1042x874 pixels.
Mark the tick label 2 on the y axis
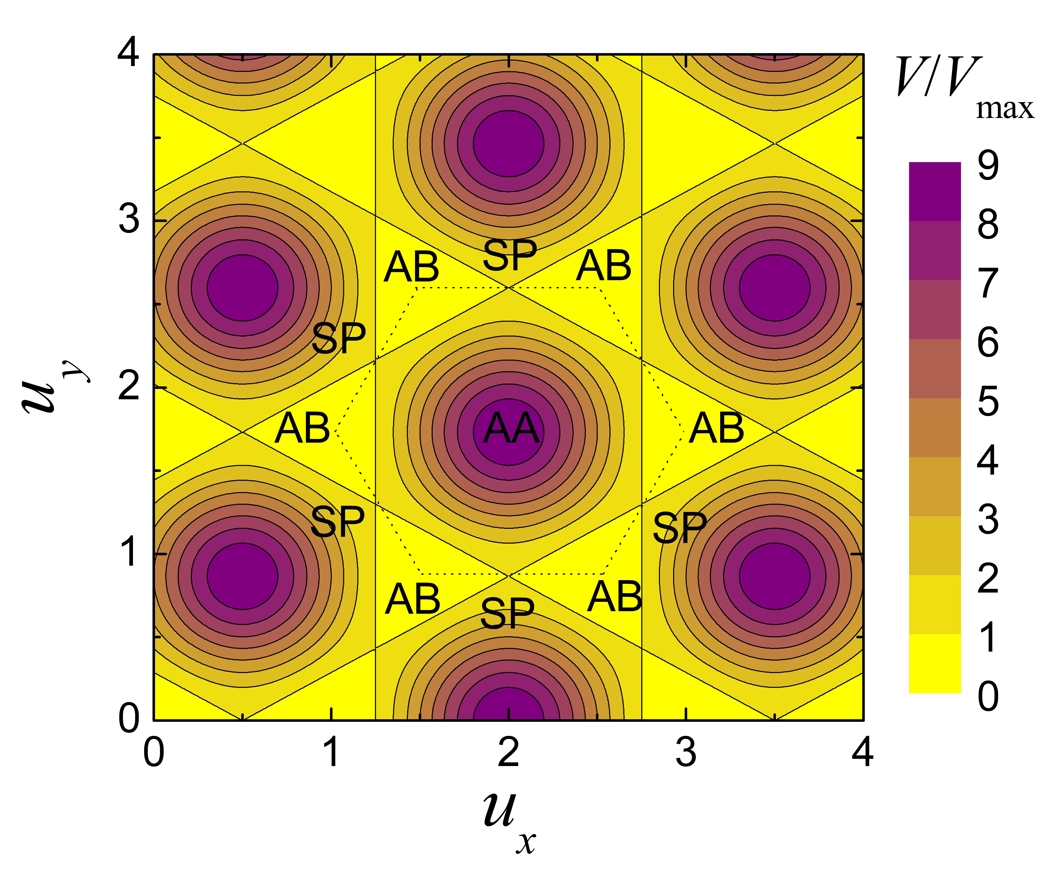point(129,387)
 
